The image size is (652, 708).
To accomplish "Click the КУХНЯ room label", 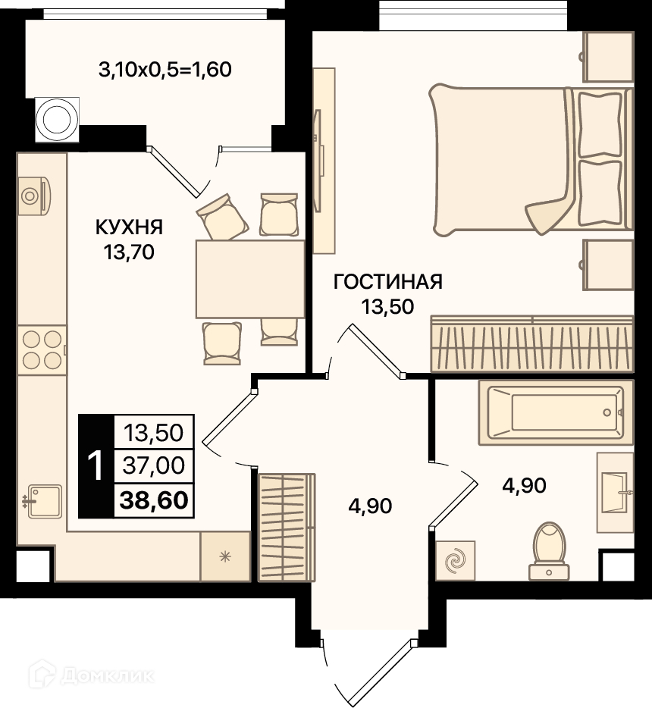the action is coord(129,227).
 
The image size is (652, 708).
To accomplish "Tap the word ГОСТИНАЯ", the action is coord(388,282).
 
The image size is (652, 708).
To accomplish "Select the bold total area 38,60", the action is coord(154,500).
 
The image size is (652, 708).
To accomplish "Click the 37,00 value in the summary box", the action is coord(154,465).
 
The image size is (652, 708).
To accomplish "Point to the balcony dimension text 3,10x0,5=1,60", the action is coord(165,70).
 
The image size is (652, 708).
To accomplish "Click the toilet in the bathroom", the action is coord(549,551).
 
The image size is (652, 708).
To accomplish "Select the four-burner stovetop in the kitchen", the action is coord(42,350).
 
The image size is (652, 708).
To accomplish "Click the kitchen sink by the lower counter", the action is coord(44,501).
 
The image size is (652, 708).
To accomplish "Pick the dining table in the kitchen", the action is coord(250,279).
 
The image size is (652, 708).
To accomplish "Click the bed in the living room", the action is coord(531,159).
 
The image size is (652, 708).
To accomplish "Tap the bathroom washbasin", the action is coord(615,493).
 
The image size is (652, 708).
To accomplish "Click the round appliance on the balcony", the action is coord(57,119).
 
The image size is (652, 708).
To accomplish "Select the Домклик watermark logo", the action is coord(91,675).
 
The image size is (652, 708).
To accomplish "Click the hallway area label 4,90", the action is coord(370,506).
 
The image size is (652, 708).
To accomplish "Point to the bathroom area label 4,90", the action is coord(524,485).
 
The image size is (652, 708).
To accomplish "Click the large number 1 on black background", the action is coord(96,466).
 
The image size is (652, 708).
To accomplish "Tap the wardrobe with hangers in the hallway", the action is coord(287,528).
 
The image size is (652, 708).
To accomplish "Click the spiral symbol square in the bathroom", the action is coord(455,560).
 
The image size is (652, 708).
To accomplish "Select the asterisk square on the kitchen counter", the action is coord(225,556).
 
